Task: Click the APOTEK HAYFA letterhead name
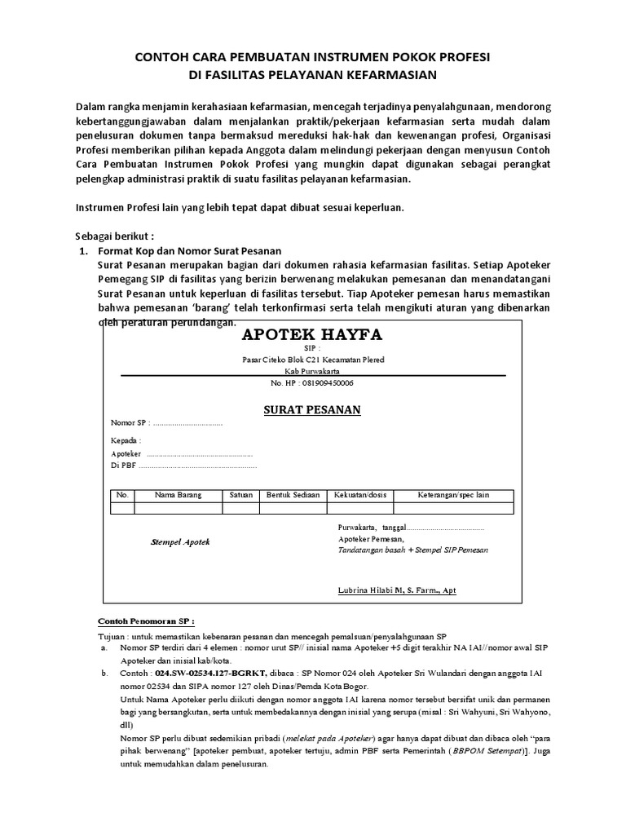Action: pyautogui.click(x=312, y=335)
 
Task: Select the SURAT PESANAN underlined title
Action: pyautogui.click(x=312, y=409)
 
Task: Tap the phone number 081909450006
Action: pyautogui.click(x=312, y=382)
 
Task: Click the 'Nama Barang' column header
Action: pyautogui.click(x=178, y=495)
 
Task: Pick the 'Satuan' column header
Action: pyautogui.click(x=240, y=495)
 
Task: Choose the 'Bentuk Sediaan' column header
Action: pyautogui.click(x=292, y=495)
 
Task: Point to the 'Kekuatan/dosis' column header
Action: pyautogui.click(x=360, y=495)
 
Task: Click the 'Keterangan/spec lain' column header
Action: pyautogui.click(x=453, y=495)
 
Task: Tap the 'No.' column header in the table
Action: pyautogui.click(x=123, y=495)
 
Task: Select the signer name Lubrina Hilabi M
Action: pyautogui.click(x=397, y=590)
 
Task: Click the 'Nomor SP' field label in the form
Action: pyautogui.click(x=128, y=423)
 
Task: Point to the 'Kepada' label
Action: pyautogui.click(x=126, y=440)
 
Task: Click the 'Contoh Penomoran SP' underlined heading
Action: pyautogui.click(x=147, y=619)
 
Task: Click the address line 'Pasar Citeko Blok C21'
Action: pyautogui.click(x=313, y=360)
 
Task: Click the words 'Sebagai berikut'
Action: pyautogui.click(x=114, y=236)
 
